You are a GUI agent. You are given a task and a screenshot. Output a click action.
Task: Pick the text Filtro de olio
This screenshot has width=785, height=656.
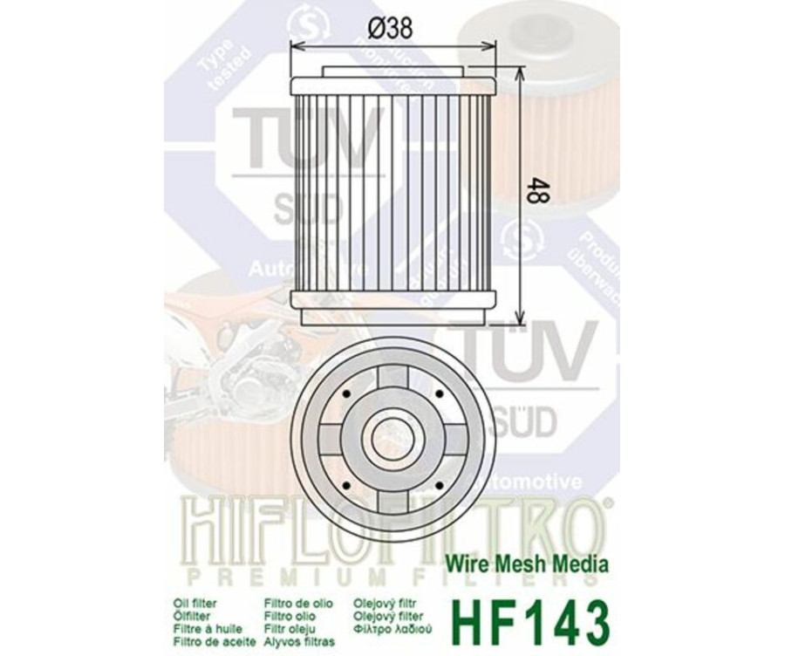click(296, 602)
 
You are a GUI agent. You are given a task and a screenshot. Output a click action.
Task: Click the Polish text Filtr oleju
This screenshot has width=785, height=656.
click(290, 627)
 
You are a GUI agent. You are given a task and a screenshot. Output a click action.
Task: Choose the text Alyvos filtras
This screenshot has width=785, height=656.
click(297, 640)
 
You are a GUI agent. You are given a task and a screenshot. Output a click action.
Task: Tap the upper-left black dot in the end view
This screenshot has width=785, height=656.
click(346, 394)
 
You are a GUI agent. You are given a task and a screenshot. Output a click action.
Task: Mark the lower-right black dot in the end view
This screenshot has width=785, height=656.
click(436, 484)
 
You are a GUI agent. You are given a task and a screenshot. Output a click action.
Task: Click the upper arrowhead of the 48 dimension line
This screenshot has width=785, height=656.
click(522, 70)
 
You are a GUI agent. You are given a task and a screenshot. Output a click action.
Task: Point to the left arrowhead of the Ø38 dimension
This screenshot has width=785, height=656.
click(292, 45)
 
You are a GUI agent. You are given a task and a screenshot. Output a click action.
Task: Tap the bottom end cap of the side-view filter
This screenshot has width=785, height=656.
click(392, 300)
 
